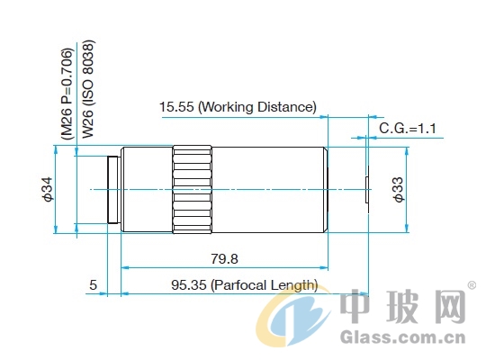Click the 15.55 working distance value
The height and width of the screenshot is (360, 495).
[176, 107]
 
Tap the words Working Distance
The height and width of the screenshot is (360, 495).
[258, 107]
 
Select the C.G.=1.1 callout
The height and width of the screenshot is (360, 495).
[408, 129]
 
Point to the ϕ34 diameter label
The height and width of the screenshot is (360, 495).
[48, 190]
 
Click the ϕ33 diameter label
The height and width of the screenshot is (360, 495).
[398, 190]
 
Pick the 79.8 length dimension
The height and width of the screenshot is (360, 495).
[224, 259]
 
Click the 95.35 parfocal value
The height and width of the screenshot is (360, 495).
[189, 284]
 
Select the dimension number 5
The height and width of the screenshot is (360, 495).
[93, 284]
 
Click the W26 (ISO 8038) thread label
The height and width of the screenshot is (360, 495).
[88, 89]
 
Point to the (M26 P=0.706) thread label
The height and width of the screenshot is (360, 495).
[67, 94]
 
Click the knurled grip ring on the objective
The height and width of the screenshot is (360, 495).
[193, 190]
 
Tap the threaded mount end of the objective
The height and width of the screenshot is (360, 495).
[113, 190]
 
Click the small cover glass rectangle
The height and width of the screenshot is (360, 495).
[367, 190]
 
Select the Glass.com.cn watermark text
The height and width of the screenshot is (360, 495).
[403, 337]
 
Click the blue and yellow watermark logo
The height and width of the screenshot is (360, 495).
[293, 316]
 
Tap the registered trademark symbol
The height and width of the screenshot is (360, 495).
[472, 285]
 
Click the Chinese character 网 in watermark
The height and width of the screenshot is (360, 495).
[446, 306]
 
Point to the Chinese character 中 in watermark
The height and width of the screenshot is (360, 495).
[355, 306]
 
